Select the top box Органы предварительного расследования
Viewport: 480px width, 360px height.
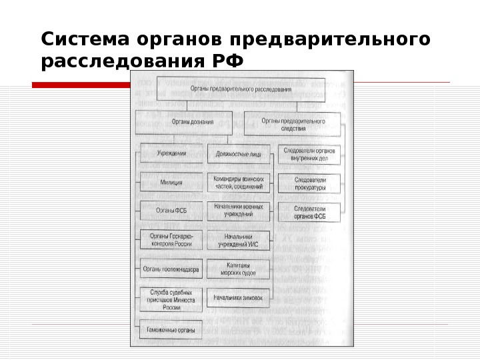coord(241,89)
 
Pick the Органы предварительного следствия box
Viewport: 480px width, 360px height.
coord(293,125)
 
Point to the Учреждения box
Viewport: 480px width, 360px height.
coord(171,153)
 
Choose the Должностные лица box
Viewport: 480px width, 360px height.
coord(238,155)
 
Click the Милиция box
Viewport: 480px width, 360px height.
coord(171,182)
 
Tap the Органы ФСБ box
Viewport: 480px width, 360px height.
coord(171,211)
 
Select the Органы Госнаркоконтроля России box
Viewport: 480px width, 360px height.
coord(171,239)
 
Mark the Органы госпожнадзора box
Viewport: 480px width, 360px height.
coord(171,269)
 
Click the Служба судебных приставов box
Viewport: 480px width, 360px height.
coord(171,300)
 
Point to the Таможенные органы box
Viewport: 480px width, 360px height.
coord(171,329)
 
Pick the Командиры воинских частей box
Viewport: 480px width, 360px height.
coord(238,183)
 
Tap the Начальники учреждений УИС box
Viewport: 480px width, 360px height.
coord(238,241)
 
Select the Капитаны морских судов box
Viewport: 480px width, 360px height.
coord(238,269)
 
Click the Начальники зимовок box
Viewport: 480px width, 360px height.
coord(238,297)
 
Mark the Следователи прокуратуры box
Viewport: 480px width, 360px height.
coord(309,183)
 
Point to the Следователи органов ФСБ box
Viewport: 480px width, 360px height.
coord(309,212)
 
